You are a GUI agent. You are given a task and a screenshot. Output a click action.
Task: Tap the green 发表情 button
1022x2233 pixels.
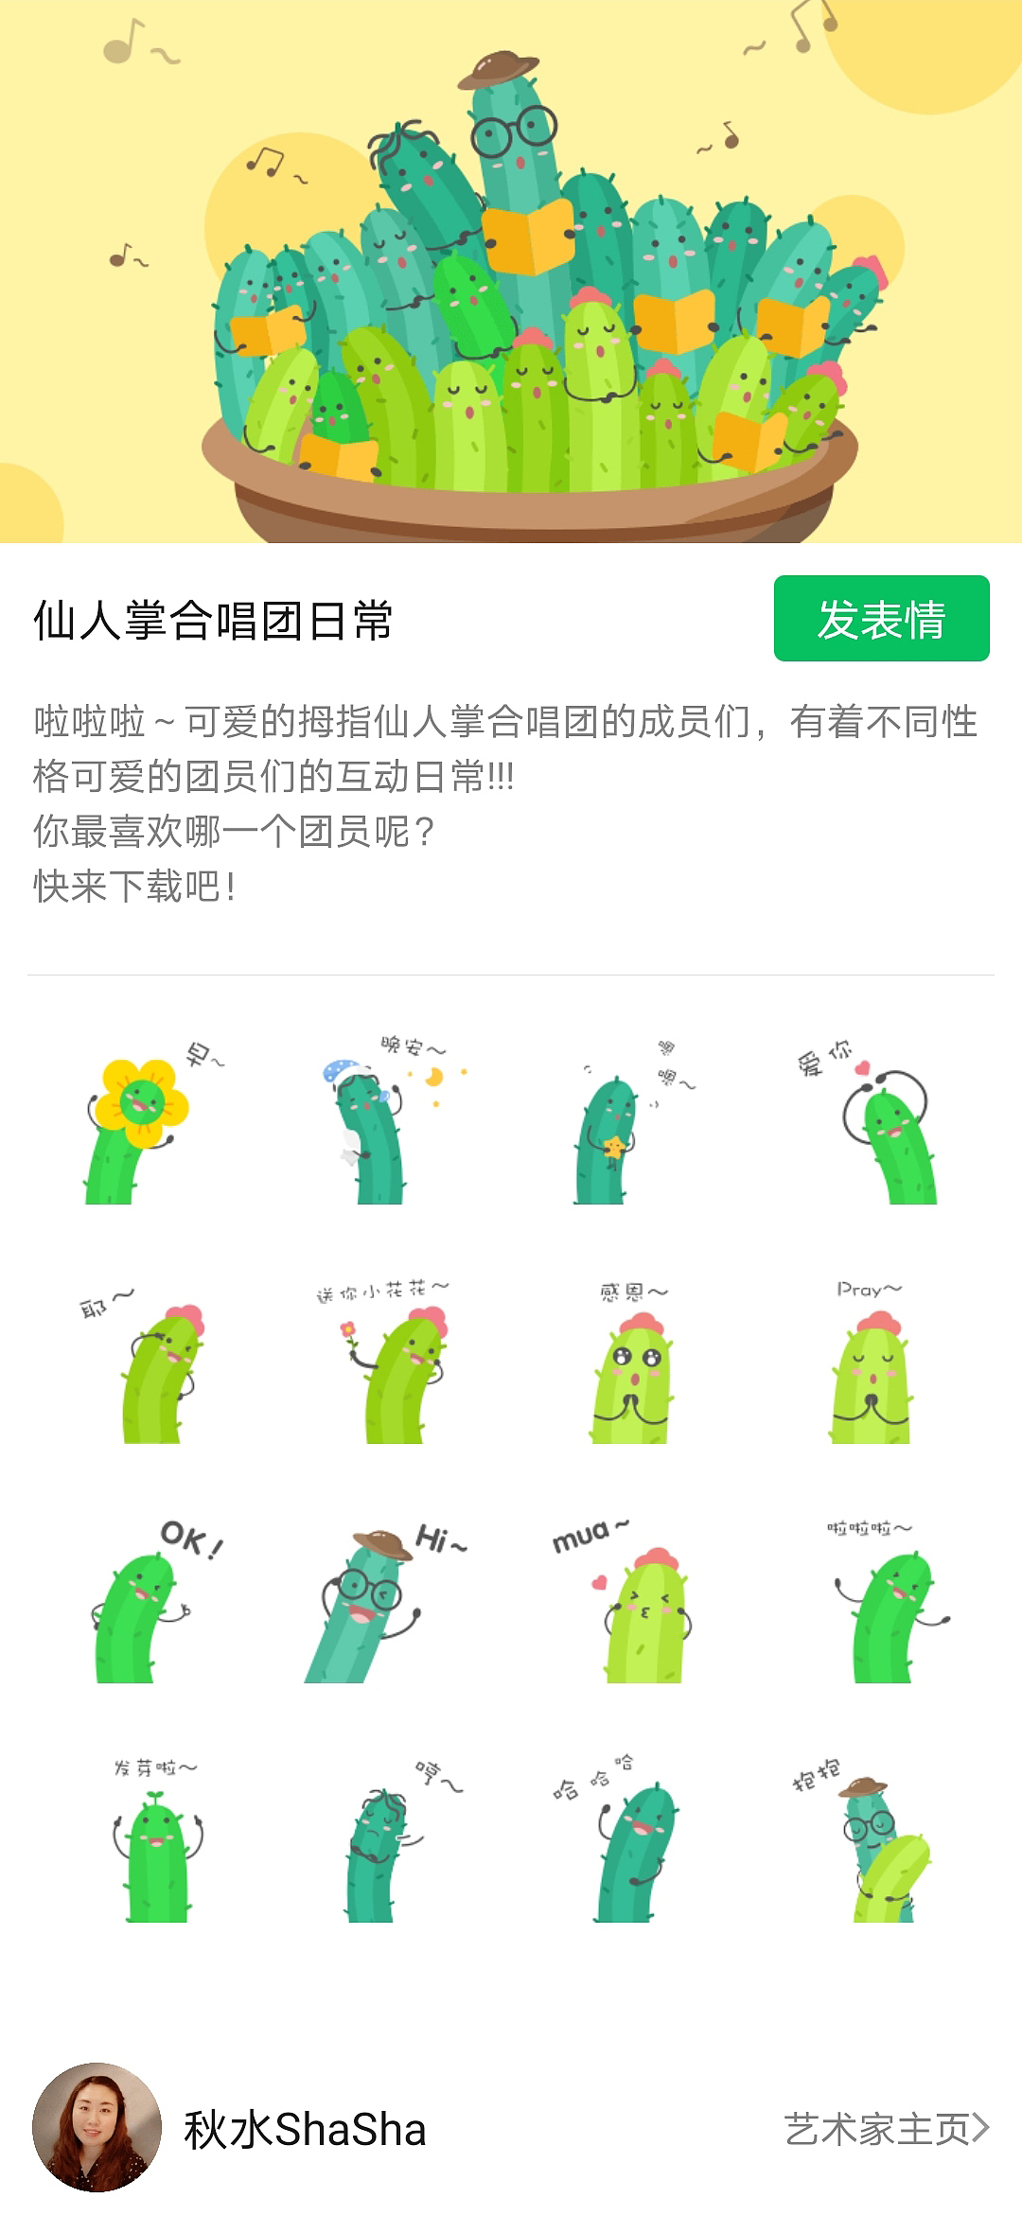[881, 619]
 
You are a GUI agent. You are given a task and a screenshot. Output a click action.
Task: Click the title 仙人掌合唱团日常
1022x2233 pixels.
[213, 622]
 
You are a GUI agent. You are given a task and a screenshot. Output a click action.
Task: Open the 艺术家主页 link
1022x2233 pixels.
[886, 2129]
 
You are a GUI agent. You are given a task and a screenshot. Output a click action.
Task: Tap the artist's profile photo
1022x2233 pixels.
[97, 2128]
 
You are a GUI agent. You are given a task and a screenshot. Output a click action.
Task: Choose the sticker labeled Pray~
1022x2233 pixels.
[872, 1366]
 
